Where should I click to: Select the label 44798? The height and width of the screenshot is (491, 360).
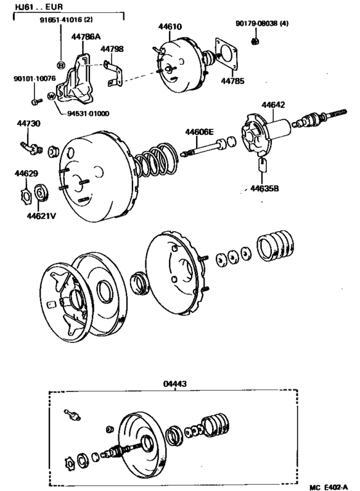(x=116, y=48)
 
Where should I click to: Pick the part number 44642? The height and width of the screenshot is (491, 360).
(x=273, y=105)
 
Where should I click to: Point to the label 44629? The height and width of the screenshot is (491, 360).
(x=26, y=173)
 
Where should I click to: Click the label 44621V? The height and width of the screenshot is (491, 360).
(x=41, y=215)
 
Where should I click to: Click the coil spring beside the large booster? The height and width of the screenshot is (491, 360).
(x=154, y=163)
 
